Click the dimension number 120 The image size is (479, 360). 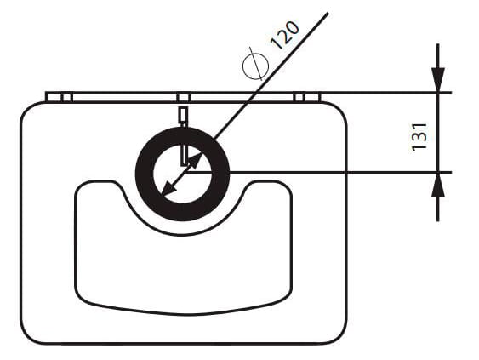(285, 35)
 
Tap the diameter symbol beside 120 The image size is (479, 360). (255, 65)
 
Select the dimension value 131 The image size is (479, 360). (419, 137)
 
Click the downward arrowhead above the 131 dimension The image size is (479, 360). (438, 79)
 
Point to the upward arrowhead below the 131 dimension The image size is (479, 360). (438, 185)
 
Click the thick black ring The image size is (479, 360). (144, 174)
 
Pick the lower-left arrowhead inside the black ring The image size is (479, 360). (168, 190)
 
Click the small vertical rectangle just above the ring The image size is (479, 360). (183, 116)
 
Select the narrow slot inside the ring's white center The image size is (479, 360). (185, 155)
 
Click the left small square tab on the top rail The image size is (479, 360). (66, 98)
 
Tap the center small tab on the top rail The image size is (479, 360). (183, 98)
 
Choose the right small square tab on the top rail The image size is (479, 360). (299, 98)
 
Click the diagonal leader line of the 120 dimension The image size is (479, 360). (271, 76)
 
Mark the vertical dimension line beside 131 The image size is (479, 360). (438, 132)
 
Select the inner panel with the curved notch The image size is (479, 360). (183, 269)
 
